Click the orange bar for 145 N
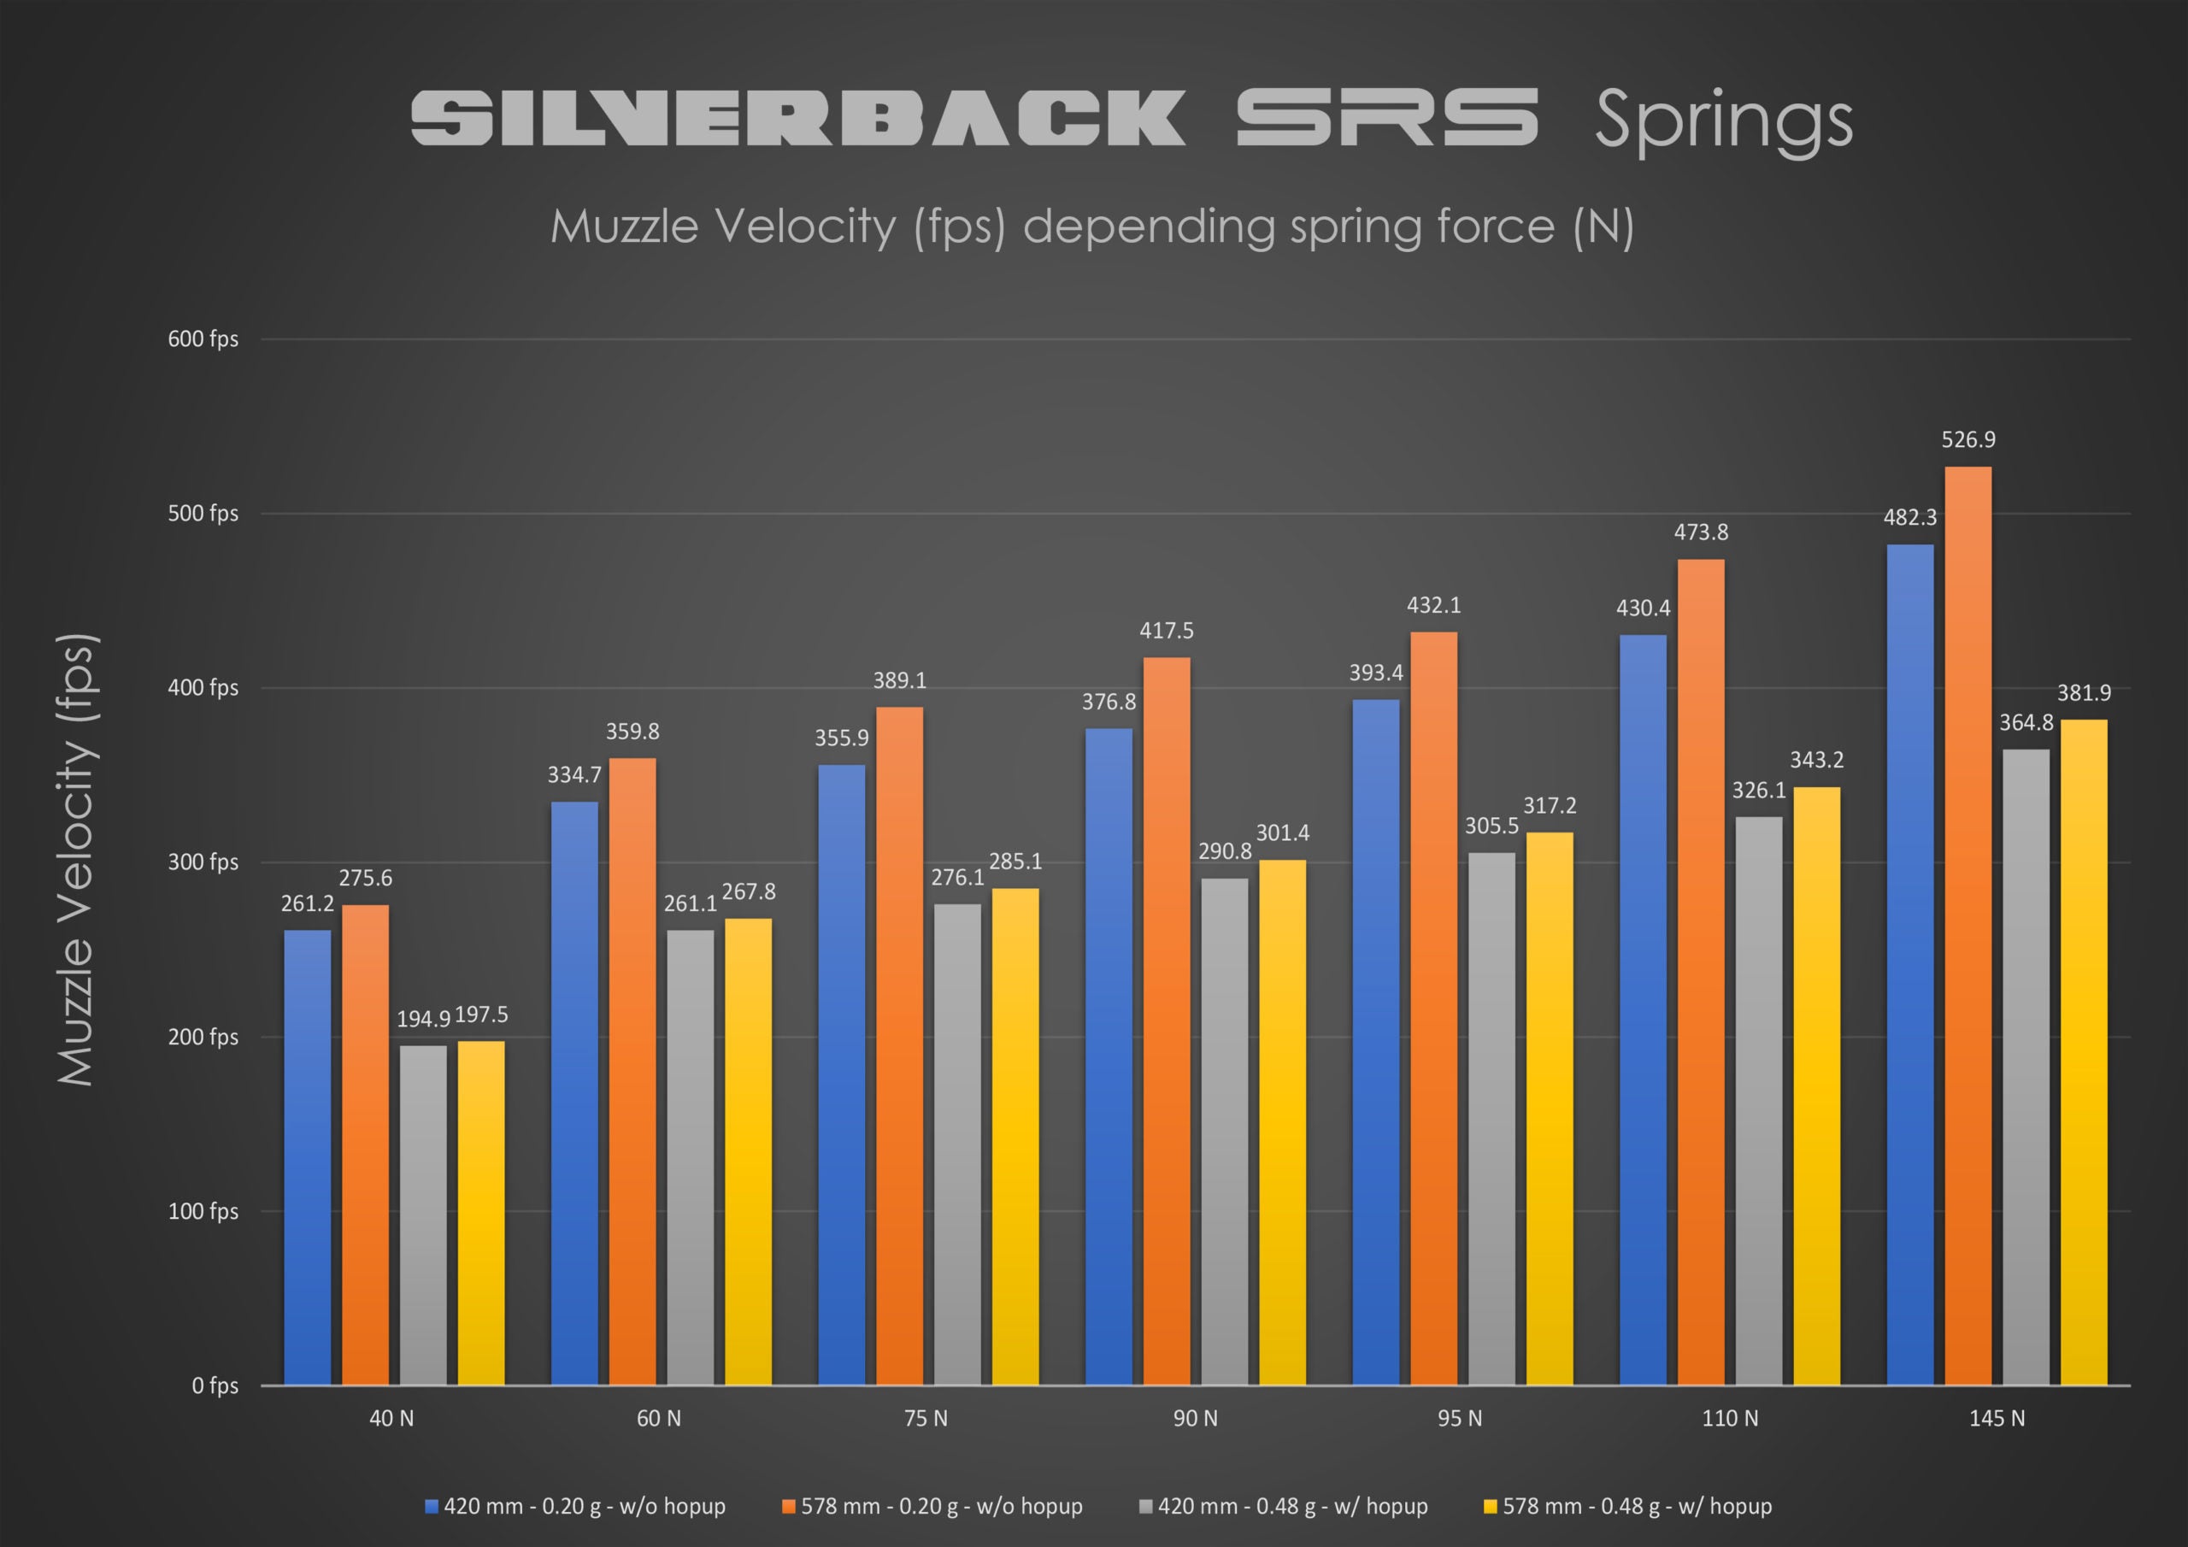[x=1967, y=925]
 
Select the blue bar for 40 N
[x=307, y=1157]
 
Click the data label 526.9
[x=1967, y=439]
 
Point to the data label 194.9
[x=423, y=1019]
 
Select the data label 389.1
[x=900, y=680]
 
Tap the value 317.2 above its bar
[x=1550, y=805]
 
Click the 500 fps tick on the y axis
[x=203, y=514]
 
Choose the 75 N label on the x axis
[x=926, y=1418]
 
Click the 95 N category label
[x=1460, y=1418]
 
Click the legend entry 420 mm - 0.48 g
[x=1292, y=1506]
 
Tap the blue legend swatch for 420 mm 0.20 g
[x=432, y=1507]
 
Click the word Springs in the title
[x=1723, y=121]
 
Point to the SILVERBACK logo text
[x=798, y=118]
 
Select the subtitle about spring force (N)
[x=1092, y=226]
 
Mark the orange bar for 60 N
[x=632, y=1072]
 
